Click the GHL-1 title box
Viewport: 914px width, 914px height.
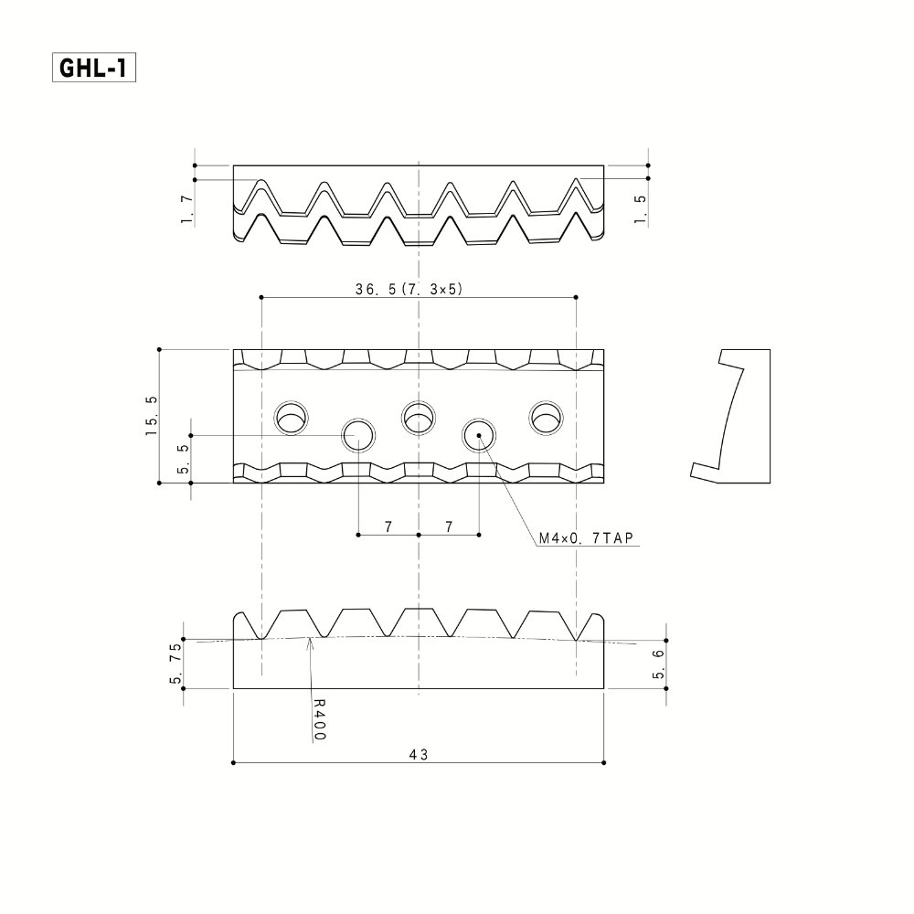pos(94,68)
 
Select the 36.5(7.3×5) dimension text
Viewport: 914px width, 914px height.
pos(409,289)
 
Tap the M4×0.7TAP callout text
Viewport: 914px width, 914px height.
pos(586,538)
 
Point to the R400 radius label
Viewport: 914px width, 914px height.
pos(319,719)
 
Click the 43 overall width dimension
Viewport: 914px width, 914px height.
pos(419,754)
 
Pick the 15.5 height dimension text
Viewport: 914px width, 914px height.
pos(151,416)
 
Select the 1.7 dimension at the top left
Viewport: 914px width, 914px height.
pos(186,210)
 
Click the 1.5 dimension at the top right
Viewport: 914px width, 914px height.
pos(640,208)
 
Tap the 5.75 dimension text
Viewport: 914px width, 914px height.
pos(176,663)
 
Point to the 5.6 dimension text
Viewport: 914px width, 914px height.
pos(658,664)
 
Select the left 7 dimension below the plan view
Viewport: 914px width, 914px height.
pos(388,527)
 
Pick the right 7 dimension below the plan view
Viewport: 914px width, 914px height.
pos(448,527)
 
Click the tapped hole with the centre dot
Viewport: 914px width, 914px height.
pos(479,435)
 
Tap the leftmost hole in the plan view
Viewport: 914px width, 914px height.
pos(292,418)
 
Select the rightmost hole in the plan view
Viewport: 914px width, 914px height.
pos(547,418)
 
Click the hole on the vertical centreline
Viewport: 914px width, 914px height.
pos(419,418)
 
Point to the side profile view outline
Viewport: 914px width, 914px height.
pos(770,416)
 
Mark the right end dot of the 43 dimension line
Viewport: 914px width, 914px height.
pos(604,762)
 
